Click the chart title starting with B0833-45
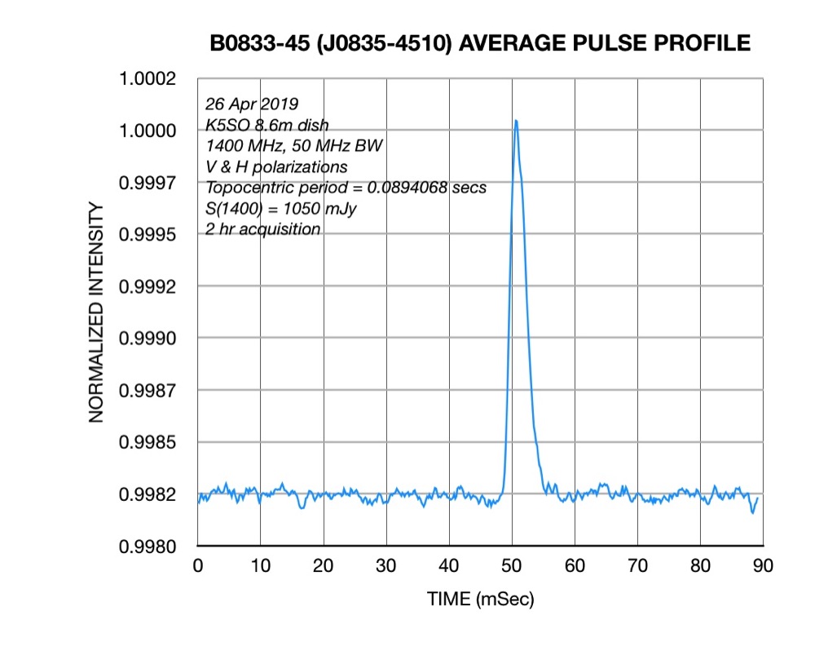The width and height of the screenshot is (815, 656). tap(480, 43)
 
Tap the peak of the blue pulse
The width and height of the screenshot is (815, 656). tap(516, 121)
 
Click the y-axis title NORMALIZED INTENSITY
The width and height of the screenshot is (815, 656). tap(96, 312)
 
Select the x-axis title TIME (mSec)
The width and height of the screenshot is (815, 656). tap(480, 600)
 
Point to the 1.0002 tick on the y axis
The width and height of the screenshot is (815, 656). tap(148, 79)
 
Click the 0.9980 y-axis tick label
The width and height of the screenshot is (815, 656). tap(148, 547)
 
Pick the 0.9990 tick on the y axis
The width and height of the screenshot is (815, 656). tap(148, 339)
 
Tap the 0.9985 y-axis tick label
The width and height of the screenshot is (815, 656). tap(148, 443)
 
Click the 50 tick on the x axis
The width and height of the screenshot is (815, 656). tap(512, 566)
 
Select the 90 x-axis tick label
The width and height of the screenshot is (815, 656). tap(763, 566)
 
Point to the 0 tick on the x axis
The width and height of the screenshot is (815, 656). tap(197, 566)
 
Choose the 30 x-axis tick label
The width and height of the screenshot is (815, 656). tap(386, 566)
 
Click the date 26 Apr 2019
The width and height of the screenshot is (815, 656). tap(252, 104)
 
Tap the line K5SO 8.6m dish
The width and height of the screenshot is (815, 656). tap(267, 125)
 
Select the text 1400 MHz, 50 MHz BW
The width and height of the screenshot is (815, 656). tap(294, 146)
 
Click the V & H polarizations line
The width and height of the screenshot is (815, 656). tap(276, 167)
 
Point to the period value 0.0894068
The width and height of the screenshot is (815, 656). tap(407, 188)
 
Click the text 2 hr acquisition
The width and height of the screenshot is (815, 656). tap(262, 229)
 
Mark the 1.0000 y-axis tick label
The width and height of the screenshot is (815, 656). tap(148, 131)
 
